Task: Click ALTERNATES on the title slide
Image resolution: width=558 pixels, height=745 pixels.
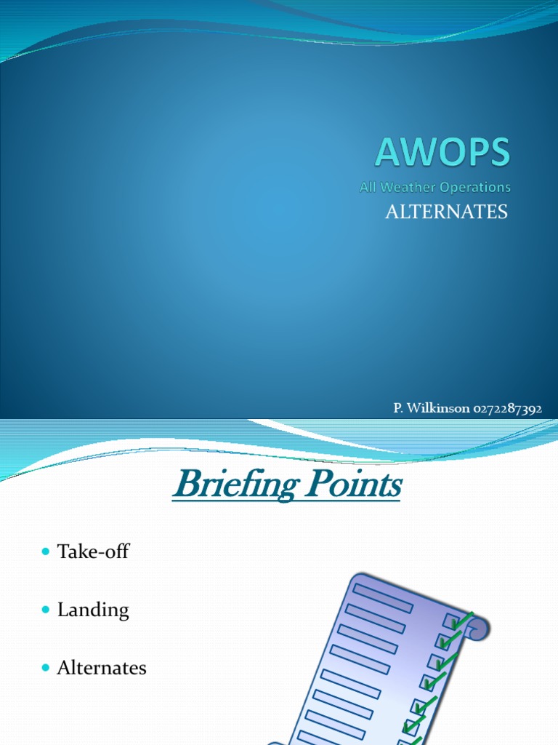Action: pos(445,212)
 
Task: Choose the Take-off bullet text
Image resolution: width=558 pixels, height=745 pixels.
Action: pos(93,551)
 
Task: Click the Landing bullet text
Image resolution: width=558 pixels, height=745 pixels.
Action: pos(93,610)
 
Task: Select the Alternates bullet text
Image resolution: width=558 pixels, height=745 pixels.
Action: pos(102,668)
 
